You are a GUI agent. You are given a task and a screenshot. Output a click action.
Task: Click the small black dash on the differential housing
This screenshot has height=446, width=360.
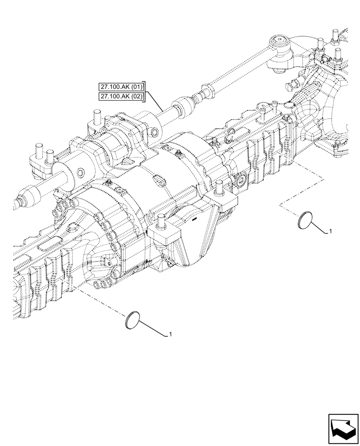click(194, 219)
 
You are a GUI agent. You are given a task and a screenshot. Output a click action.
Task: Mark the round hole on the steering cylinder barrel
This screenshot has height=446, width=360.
click(81, 172)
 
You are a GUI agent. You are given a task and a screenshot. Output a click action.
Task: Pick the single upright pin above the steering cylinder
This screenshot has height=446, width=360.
click(95, 119)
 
